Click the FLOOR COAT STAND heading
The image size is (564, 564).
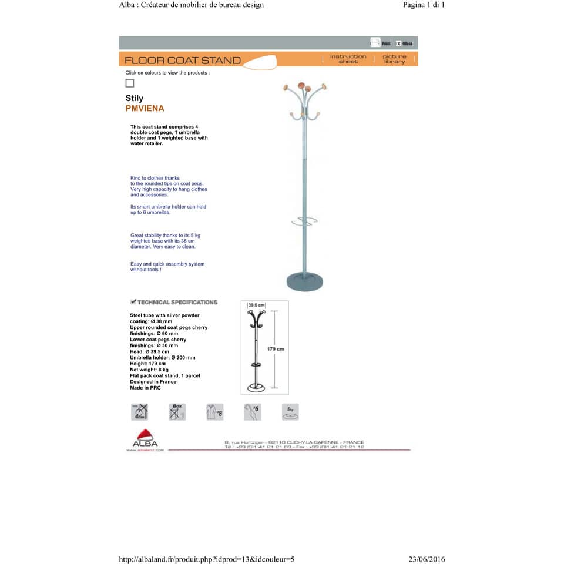[183, 60]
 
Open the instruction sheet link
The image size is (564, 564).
[348, 59]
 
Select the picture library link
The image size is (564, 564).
[394, 59]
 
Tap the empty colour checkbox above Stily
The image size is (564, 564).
[130, 83]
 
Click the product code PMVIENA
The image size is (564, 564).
[145, 109]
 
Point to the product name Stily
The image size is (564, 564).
[134, 98]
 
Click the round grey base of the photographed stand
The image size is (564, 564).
[304, 282]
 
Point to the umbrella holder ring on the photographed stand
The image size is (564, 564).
[304, 221]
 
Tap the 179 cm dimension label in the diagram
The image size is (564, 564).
[276, 349]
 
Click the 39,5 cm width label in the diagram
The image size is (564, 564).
[256, 305]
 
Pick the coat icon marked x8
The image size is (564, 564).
[214, 412]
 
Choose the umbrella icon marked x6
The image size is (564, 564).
[252, 412]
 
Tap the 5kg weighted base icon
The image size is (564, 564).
[290, 412]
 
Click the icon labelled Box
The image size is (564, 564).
[177, 412]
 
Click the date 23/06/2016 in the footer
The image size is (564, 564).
[426, 559]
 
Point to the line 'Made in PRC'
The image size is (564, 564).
[145, 388]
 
